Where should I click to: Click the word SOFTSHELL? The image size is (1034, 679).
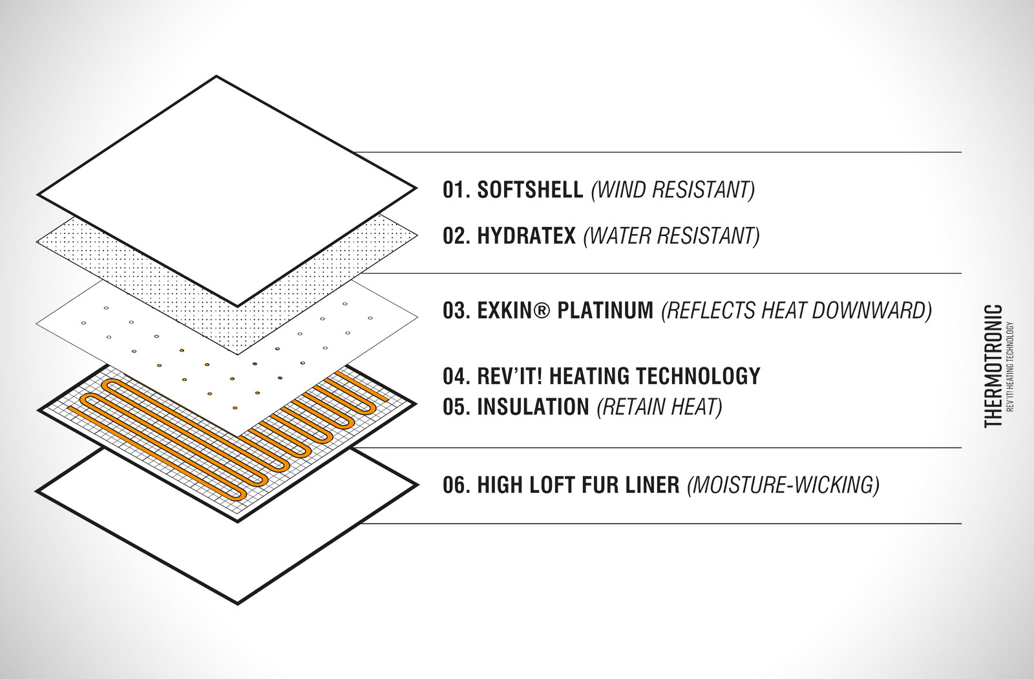coord(530,190)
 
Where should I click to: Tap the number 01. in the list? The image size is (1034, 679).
coord(456,190)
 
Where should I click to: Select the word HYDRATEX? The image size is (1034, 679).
coord(526,236)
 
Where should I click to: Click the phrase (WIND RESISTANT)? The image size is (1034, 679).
coord(673,190)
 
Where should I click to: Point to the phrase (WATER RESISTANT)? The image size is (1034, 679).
coord(671,237)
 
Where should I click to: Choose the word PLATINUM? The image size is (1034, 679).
coord(605,310)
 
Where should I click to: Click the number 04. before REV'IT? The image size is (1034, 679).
coord(456,376)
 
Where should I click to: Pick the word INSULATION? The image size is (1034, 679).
coord(533,407)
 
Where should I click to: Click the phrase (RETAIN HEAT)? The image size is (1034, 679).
coord(659,407)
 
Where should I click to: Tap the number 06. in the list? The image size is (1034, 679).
coord(456,485)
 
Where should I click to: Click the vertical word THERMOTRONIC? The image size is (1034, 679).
coord(993,366)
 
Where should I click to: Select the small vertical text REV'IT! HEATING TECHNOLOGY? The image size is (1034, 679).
coord(1009,367)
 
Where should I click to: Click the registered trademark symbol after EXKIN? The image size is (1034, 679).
coord(542,310)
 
